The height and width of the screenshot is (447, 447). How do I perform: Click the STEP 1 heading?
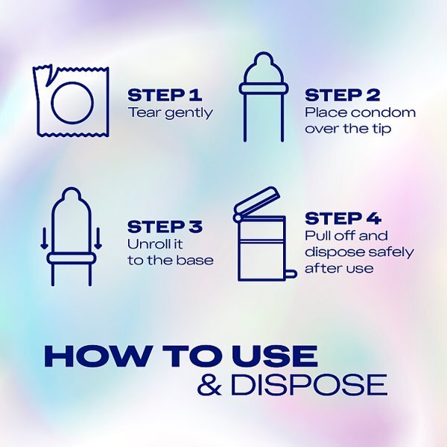pos(165,95)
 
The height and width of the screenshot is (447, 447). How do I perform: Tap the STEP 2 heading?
pos(343,95)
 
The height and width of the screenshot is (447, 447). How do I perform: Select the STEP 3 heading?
pos(165,226)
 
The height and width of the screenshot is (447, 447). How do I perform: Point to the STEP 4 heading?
pos(343,218)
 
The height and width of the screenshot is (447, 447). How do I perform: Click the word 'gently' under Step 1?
pos(189,114)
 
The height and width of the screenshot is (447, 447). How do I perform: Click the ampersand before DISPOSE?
pos(209,384)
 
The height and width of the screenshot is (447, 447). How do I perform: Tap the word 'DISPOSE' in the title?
pos(309,384)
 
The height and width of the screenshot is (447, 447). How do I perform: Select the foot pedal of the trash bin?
pos(291,274)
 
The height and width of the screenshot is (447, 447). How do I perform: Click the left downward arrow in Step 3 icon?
pos(44,238)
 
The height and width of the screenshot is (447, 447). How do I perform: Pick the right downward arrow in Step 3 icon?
pos(98,238)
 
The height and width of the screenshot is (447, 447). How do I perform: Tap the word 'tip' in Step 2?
pos(381,129)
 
